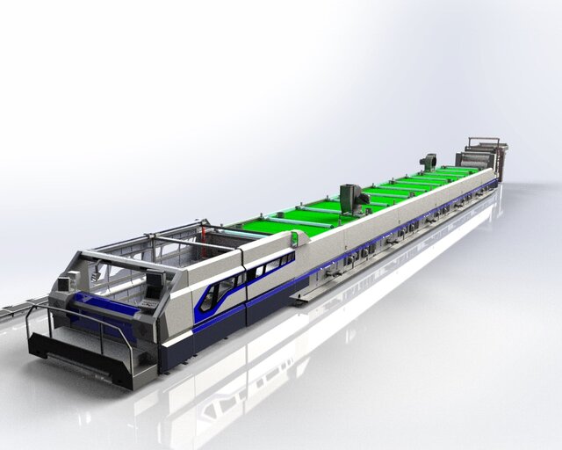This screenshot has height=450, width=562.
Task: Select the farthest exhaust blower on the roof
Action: click(x=429, y=162)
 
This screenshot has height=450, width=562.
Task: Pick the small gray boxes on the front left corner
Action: click(x=66, y=283)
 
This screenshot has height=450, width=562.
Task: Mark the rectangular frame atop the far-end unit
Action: click(x=482, y=142)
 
